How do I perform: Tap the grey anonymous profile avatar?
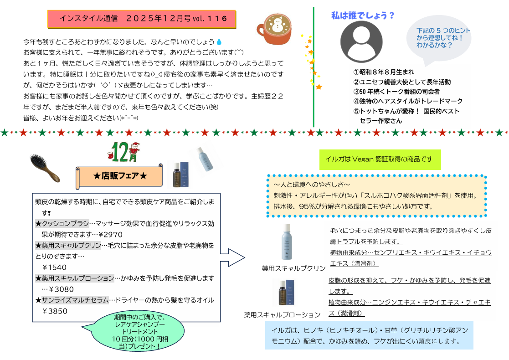point(361,41)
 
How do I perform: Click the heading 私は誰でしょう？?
point(362,15)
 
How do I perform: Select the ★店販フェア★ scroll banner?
point(120,176)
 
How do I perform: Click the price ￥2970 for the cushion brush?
point(110,235)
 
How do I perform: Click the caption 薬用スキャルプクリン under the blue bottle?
point(293,267)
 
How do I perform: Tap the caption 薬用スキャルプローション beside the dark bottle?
point(283,314)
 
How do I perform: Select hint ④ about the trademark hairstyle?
point(408,101)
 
